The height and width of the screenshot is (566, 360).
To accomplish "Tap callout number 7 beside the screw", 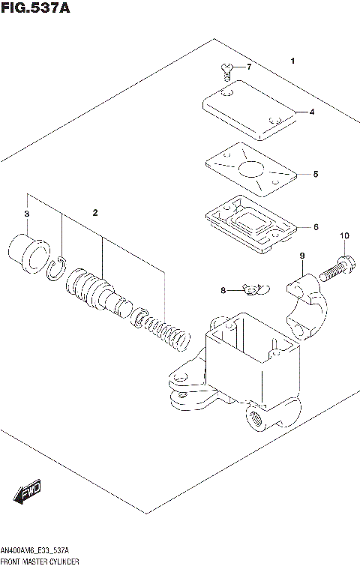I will (x=250, y=68).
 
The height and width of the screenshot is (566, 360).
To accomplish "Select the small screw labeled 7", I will (x=226, y=70).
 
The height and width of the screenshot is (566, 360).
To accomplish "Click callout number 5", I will (x=316, y=174).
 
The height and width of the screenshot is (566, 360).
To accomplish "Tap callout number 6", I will (x=316, y=226).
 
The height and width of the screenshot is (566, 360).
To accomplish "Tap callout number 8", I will (x=223, y=289).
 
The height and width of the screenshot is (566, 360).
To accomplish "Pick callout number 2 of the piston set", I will (x=94, y=213).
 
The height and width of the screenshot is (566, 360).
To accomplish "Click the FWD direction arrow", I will (x=27, y=493).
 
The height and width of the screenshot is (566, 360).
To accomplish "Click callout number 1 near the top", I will (x=292, y=61).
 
